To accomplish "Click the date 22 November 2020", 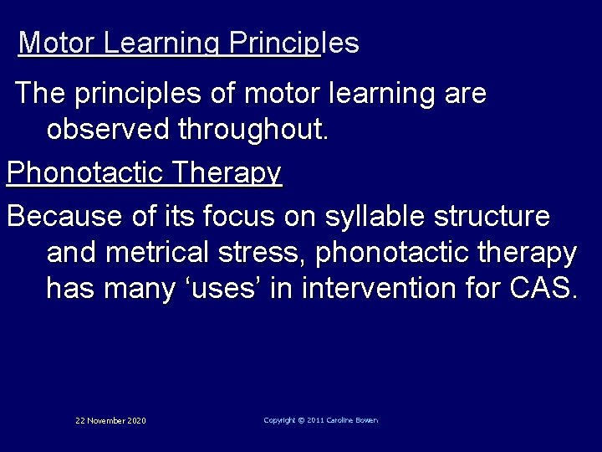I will click(110, 420).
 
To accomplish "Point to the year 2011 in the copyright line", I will click(316, 420).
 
